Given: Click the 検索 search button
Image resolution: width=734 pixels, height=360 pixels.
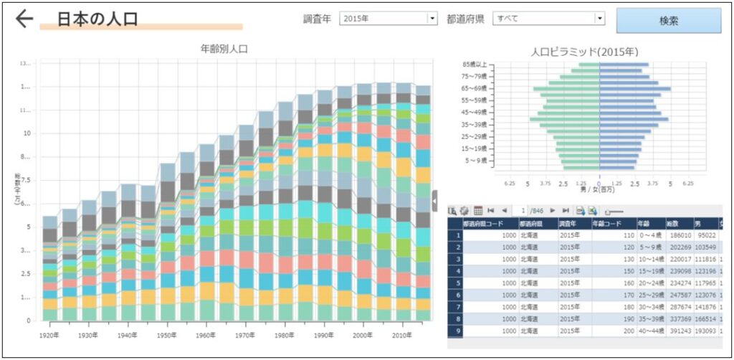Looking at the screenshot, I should pyautogui.click(x=668, y=21).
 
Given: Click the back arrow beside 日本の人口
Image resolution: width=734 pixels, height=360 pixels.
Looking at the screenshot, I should pyautogui.click(x=24, y=19).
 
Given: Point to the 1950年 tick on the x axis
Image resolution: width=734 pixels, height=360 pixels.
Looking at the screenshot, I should pyautogui.click(x=168, y=335).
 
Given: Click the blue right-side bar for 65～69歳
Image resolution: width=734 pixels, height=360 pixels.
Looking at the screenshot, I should pyautogui.click(x=634, y=89).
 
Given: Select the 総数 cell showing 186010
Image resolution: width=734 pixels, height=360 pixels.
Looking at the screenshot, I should pyautogui.click(x=678, y=235).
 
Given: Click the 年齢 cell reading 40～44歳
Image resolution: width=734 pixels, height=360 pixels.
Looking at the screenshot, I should pyautogui.click(x=650, y=331).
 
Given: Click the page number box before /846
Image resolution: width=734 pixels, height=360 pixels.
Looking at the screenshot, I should pyautogui.click(x=524, y=210).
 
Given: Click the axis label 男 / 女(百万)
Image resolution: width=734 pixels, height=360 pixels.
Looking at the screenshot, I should pyautogui.click(x=599, y=189).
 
